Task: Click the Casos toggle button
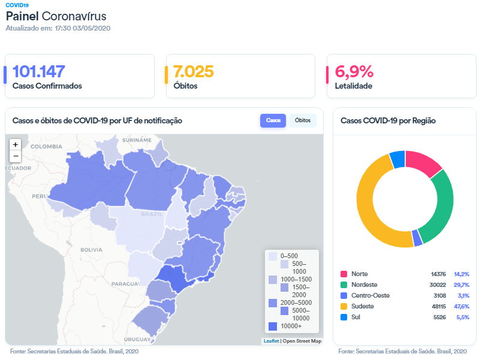[273, 120]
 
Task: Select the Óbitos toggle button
[303, 120]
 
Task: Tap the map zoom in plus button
[16, 144]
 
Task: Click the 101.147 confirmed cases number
[38, 72]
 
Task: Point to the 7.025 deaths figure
[193, 72]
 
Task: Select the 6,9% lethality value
[354, 72]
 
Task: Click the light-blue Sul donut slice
[397, 158]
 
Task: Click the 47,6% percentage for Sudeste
[461, 306]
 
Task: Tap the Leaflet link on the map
[271, 341]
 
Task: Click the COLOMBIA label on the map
[46, 146]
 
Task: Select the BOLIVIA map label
[92, 249]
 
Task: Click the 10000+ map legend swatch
[273, 326]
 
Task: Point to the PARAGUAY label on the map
[125, 283]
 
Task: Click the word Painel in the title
[22, 16]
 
